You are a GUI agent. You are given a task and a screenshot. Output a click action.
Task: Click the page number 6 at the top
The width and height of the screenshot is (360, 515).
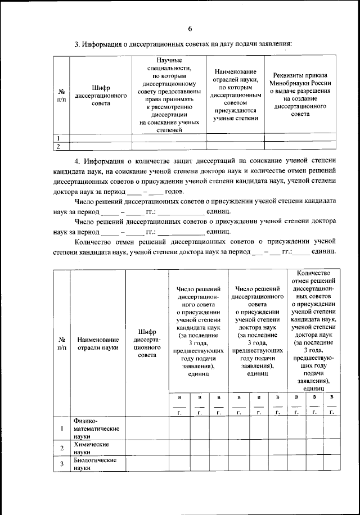(190, 29)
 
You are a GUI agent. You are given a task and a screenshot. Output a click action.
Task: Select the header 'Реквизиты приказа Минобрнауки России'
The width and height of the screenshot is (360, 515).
(301, 94)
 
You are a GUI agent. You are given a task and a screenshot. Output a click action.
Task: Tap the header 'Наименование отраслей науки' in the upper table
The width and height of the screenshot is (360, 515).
(235, 94)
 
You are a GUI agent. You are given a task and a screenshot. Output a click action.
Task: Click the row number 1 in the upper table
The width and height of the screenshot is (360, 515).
(58, 138)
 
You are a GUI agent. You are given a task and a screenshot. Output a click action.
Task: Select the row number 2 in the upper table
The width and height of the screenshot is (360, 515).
(58, 146)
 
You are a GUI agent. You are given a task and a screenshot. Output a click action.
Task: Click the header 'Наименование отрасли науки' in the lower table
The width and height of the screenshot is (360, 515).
(98, 344)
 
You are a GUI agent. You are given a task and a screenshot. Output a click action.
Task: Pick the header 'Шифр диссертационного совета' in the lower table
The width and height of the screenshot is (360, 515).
(147, 344)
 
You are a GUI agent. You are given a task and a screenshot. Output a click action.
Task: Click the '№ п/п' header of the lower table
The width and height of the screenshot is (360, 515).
(61, 344)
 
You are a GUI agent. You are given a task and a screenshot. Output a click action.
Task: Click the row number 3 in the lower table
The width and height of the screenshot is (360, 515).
(61, 464)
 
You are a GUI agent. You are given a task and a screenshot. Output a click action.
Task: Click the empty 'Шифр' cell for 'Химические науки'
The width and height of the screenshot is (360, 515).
(147, 448)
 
